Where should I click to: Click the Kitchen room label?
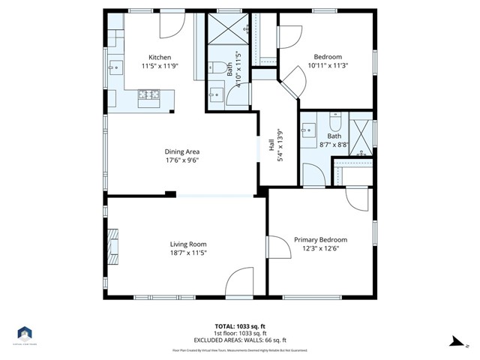click(x=160, y=58)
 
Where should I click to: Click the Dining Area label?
click(x=182, y=151)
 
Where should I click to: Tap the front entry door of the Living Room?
click(x=242, y=283)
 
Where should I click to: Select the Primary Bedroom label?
click(x=320, y=240)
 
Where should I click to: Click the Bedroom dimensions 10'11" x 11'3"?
click(x=328, y=66)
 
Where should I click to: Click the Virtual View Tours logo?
click(x=25, y=334)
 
